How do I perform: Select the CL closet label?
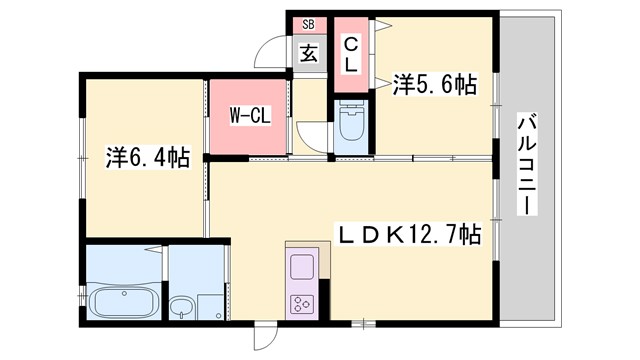[x=351, y=53]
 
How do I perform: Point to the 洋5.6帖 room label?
[x=433, y=86]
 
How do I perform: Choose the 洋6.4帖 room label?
[x=147, y=157]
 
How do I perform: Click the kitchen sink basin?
[x=302, y=268]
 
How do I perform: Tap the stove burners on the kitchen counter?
[x=302, y=305]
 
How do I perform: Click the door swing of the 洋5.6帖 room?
[x=385, y=75]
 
